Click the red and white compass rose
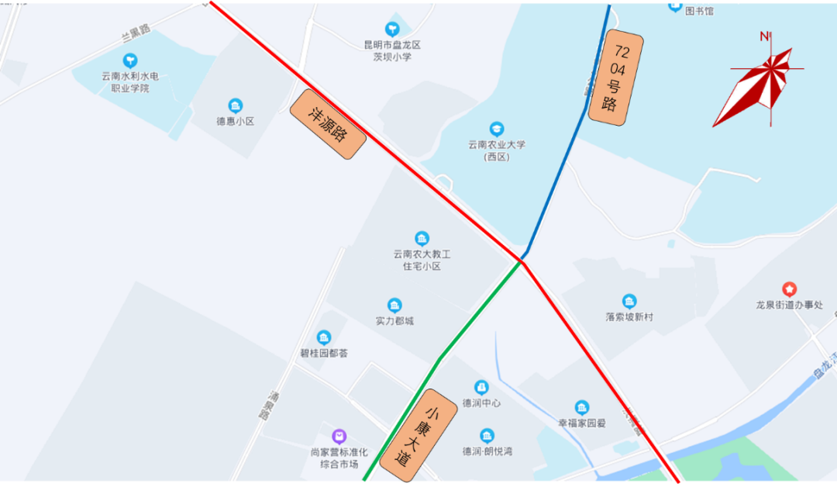tap(760, 86)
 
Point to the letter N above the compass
tap(764, 36)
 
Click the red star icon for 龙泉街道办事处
tap(789, 289)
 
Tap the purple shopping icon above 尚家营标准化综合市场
tap(339, 437)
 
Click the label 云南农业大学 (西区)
tap(497, 150)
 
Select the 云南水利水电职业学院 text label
tap(130, 81)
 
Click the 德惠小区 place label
tap(236, 121)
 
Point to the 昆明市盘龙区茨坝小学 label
tap(392, 50)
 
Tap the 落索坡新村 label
tap(629, 316)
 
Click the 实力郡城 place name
tap(394, 320)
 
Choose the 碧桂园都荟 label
tap(324, 353)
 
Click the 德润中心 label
tap(481, 403)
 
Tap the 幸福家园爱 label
tap(582, 423)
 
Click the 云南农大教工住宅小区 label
tap(422, 260)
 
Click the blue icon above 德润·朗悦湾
tap(487, 436)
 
